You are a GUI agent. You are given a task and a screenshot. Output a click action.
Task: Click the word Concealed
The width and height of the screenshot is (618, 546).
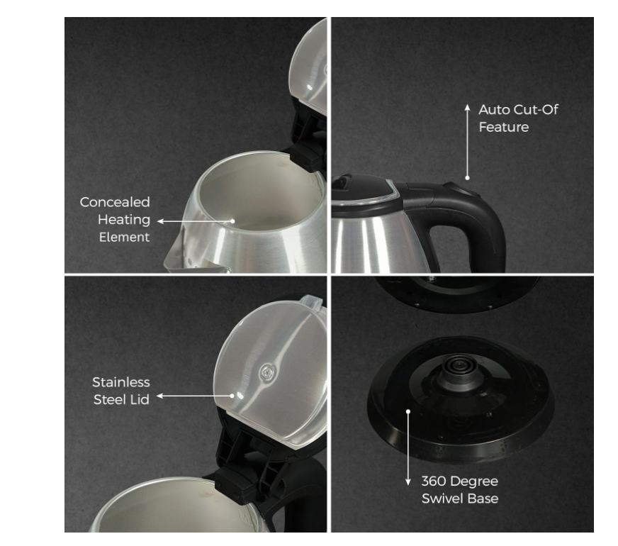tap(115, 202)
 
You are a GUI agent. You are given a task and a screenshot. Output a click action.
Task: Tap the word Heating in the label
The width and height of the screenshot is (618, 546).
tap(124, 220)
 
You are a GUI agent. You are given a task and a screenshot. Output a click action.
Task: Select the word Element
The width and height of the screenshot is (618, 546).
tap(124, 237)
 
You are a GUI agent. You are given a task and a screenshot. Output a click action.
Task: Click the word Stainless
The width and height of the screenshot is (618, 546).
tap(121, 382)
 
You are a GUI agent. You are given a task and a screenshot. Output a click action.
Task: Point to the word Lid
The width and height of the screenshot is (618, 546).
tap(140, 399)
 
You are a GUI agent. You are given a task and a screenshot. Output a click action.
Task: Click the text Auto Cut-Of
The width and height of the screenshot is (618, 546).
tap(518, 110)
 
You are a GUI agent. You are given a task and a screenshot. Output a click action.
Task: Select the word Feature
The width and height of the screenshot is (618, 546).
tap(504, 127)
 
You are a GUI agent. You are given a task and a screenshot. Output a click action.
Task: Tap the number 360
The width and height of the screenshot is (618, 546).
tap(434, 481)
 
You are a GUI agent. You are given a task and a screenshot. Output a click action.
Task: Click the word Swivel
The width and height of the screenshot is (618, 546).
tap(440, 498)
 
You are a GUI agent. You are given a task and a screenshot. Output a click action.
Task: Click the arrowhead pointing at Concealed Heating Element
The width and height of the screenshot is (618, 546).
tap(160, 221)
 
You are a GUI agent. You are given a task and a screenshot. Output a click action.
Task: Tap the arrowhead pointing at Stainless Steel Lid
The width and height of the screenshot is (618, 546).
tap(160, 396)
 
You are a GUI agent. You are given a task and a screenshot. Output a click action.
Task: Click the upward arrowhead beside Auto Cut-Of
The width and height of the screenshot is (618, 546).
tap(467, 108)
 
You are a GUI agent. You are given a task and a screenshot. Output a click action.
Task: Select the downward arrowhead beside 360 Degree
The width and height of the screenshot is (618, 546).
tap(408, 481)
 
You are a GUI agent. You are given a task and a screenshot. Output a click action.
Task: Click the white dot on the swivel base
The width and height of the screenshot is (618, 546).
tap(408, 411)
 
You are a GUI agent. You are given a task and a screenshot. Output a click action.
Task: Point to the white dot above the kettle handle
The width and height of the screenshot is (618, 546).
tap(467, 178)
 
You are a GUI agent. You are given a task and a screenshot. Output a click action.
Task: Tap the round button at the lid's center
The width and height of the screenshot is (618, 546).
tap(268, 372)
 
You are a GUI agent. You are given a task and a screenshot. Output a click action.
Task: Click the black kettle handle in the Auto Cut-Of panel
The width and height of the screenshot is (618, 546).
tap(457, 221)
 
